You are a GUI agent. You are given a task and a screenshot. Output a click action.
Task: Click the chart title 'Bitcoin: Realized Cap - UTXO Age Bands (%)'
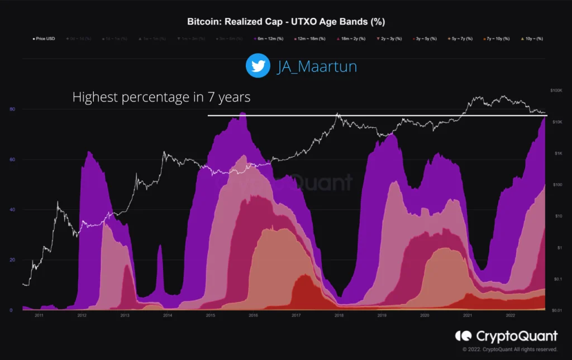[285, 21]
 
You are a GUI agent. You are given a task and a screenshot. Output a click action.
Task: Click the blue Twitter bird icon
[258, 66]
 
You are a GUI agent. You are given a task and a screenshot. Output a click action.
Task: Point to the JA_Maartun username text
[317, 66]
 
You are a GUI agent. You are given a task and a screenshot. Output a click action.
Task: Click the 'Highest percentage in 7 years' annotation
[161, 97]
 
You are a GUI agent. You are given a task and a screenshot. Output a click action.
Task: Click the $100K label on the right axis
[556, 90]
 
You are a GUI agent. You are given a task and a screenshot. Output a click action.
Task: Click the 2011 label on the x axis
[39, 316]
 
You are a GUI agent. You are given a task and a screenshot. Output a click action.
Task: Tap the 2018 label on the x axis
[339, 316]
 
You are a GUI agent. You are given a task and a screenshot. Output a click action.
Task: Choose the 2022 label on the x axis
[510, 316]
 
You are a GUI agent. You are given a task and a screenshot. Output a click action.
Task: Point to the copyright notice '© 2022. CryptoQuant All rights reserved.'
[509, 349]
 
